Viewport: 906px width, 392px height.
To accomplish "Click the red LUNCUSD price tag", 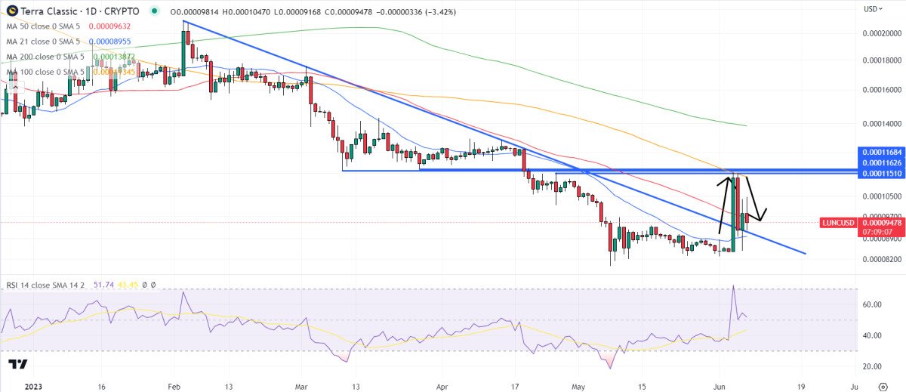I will tap(838, 223).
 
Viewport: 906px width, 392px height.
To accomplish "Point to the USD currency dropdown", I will tap(872, 9).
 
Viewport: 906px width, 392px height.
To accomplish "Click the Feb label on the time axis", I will tap(174, 385).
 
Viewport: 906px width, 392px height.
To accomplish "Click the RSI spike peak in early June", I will tap(733, 286).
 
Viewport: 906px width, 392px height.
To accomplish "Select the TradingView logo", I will tap(18, 365).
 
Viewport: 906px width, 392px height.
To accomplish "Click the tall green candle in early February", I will tap(184, 53).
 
